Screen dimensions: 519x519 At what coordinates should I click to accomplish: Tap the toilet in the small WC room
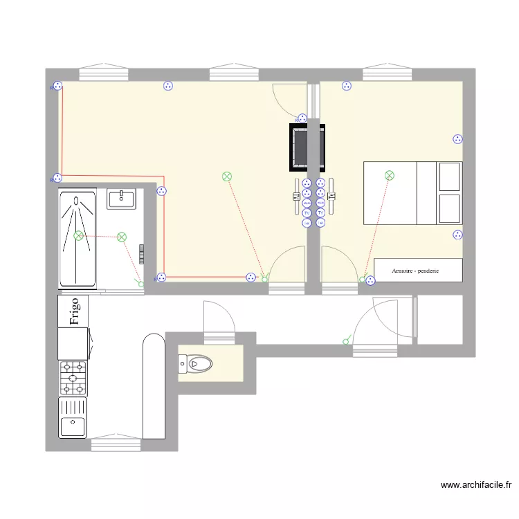point(198,363)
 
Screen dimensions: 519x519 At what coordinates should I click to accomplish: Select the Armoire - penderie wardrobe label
point(418,271)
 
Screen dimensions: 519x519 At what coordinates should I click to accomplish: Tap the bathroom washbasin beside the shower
point(122,199)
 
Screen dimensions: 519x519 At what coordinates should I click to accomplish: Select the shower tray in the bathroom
point(78,239)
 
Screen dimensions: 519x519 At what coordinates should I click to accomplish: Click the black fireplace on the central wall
point(307,147)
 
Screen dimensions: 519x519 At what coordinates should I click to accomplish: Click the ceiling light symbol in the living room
point(227,176)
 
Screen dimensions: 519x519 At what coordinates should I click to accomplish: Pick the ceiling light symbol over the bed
point(390,176)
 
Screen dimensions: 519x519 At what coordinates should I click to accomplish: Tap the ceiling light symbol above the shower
point(79,236)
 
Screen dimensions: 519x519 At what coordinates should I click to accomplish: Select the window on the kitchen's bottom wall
point(115,437)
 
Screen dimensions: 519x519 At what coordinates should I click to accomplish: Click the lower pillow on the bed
point(450,208)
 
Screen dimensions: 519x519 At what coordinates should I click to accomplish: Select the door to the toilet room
point(219,322)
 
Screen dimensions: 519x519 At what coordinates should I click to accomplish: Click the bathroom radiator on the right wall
point(142,254)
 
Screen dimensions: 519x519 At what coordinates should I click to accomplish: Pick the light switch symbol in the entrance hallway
point(346,340)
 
